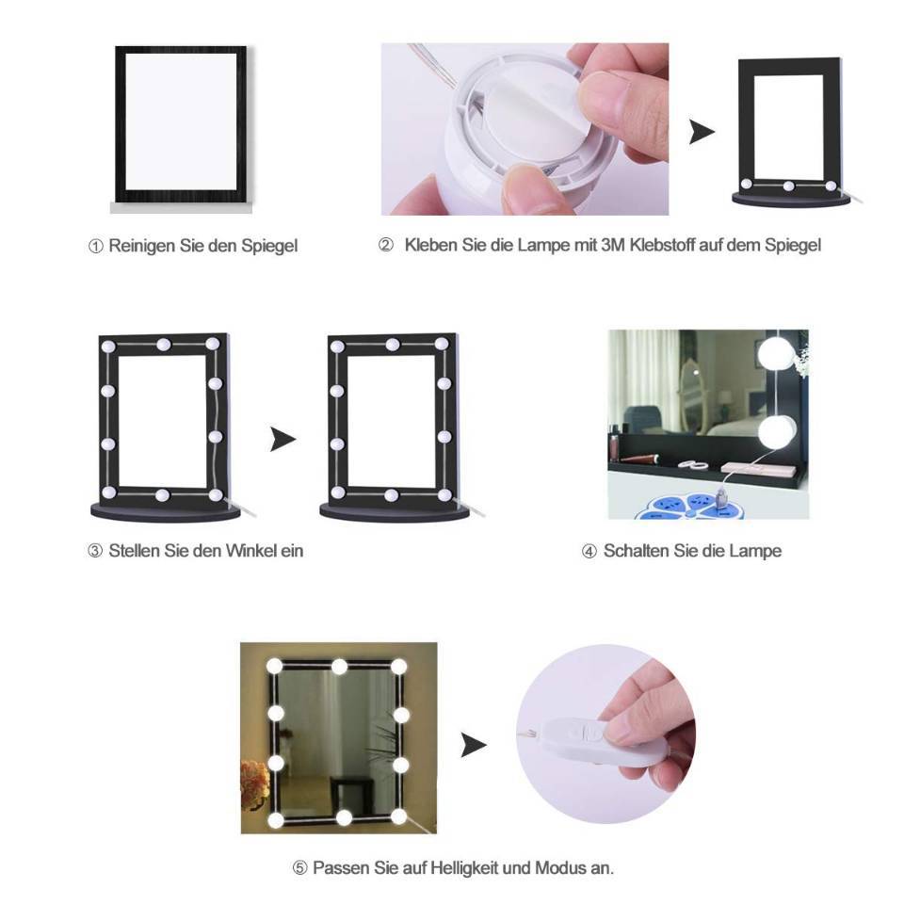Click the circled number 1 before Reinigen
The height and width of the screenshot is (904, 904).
95,246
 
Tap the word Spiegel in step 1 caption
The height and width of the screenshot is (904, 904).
269,246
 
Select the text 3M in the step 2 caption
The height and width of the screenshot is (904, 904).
613,245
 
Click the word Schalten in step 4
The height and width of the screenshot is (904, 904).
636,551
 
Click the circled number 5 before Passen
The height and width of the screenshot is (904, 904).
299,867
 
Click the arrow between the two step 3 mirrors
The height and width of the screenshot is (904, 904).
282,440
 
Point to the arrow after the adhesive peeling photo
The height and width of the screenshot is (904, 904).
702,132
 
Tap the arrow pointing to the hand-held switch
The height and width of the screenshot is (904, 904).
474,745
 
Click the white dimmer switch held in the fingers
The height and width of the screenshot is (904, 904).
576,741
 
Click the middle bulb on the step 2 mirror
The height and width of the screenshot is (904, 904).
788,186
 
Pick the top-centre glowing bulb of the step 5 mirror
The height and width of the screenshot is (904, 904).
340,667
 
